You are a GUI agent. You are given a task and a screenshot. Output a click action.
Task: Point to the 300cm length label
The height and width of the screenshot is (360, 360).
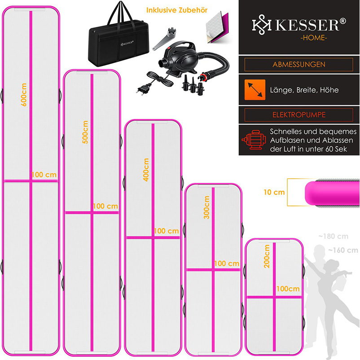pos(206,207)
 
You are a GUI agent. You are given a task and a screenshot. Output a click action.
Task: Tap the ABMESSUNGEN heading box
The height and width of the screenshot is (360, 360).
pos(299,64)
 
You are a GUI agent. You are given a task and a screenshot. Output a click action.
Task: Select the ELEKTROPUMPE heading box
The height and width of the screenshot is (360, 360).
pos(299,115)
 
